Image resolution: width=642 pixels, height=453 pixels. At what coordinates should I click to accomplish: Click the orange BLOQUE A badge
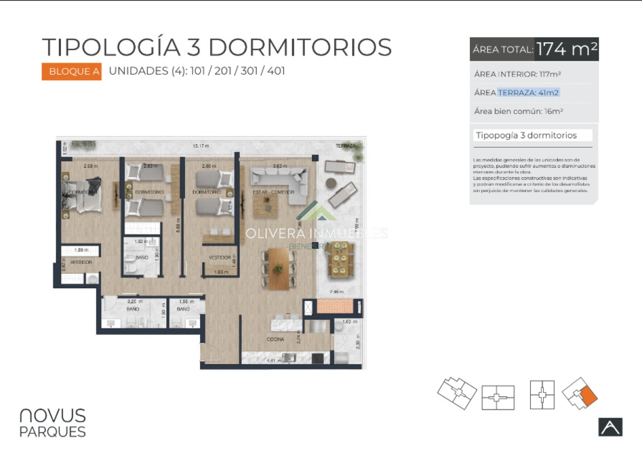71,72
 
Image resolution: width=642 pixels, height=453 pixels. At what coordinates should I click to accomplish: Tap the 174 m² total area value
567,49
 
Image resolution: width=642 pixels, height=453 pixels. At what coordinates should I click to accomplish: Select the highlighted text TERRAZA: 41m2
529,93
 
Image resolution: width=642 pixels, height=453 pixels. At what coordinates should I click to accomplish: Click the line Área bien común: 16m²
518,112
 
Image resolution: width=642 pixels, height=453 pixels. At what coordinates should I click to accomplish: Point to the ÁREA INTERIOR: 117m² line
517,74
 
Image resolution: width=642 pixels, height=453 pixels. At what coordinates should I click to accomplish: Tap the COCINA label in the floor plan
276,340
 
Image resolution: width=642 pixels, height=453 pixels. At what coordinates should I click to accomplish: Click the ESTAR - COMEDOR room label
273,192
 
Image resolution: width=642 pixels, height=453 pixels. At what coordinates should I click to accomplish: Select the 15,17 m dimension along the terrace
201,145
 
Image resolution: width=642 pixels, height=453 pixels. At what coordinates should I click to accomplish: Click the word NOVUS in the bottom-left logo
52,416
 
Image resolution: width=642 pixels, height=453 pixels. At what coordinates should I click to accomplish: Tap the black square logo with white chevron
610,426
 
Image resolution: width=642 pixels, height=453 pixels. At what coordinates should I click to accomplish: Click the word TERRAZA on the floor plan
346,145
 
